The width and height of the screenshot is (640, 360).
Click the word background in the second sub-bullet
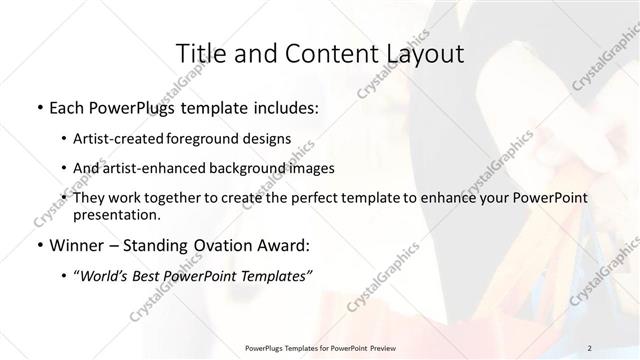pos(252,168)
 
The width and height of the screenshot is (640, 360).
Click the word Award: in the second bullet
pos(288,244)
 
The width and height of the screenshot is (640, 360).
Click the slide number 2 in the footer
pos(590,347)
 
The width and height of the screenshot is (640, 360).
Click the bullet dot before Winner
pos(38,244)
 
